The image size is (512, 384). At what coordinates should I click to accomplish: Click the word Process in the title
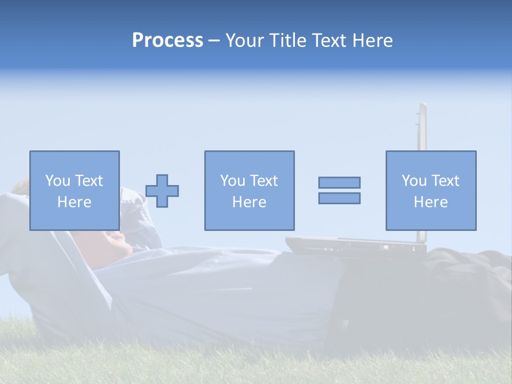(167, 41)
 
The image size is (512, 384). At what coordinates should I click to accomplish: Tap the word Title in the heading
(287, 41)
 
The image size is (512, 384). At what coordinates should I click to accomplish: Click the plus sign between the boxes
(162, 191)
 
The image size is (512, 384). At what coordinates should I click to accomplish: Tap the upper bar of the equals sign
(339, 182)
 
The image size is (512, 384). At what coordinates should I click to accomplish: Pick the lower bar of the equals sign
(339, 198)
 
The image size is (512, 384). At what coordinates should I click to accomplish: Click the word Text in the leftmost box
(89, 181)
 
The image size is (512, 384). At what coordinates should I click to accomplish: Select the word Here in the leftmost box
(74, 202)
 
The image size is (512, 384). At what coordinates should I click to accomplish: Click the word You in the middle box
(233, 181)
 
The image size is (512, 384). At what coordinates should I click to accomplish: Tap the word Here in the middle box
(249, 202)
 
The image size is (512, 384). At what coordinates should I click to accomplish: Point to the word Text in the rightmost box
(445, 181)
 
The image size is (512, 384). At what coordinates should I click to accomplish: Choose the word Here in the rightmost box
(430, 202)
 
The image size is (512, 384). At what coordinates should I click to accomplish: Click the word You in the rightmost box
(414, 181)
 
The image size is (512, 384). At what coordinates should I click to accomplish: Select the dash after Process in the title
(214, 41)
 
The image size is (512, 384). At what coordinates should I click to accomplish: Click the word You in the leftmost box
(58, 181)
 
